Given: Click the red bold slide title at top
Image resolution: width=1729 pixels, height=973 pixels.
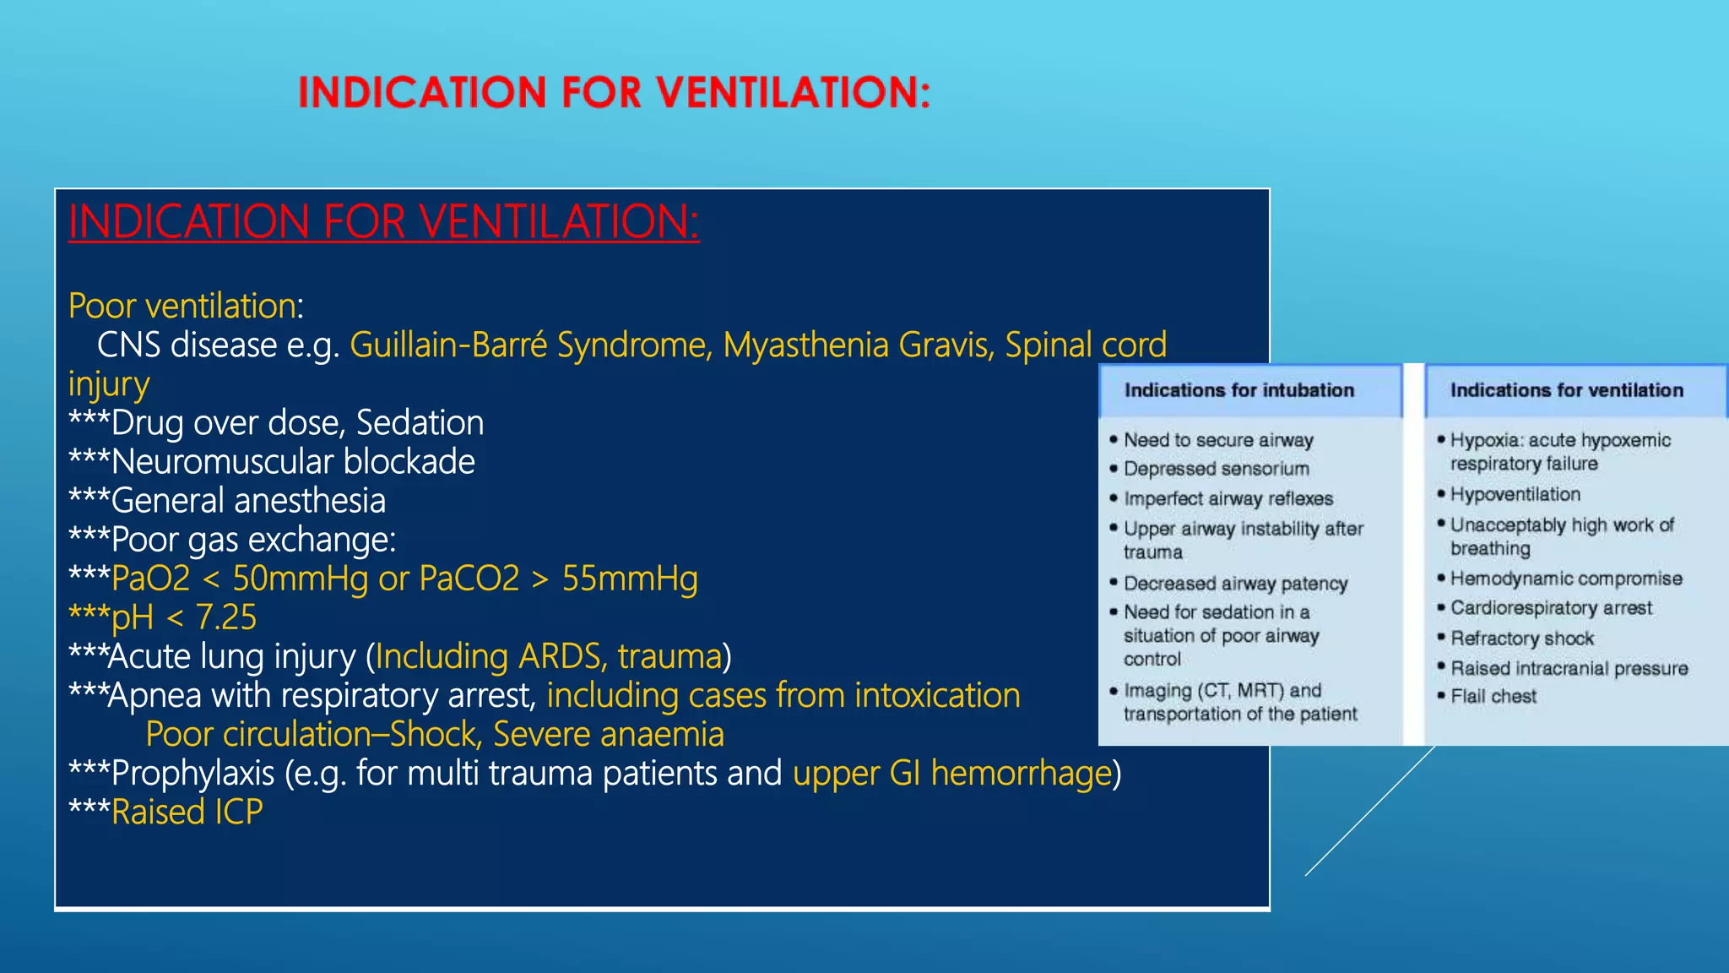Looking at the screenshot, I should [614, 92].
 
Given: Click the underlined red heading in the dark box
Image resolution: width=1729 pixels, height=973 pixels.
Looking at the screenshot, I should [383, 222].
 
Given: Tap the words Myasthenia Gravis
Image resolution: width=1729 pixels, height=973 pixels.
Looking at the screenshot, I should [857, 345].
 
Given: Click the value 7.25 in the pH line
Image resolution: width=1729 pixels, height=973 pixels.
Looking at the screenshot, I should [225, 618].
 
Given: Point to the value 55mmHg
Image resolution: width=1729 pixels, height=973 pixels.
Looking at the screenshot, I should [630, 579].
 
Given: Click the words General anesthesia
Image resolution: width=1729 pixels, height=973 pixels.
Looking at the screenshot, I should [248, 501].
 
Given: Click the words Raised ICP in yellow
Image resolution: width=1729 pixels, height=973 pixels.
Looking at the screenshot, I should [187, 813].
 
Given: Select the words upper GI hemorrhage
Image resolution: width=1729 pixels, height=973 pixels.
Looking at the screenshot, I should [952, 774].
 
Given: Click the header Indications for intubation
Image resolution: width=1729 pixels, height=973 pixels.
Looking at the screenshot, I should [1238, 390].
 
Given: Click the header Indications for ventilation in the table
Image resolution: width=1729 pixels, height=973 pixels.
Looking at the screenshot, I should [1566, 390].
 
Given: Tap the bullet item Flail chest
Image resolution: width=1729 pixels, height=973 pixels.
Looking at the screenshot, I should [1493, 697].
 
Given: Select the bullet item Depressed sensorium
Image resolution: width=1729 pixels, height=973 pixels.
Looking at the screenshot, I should [1216, 469].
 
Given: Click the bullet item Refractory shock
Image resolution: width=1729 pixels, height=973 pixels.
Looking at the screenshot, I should [1521, 639].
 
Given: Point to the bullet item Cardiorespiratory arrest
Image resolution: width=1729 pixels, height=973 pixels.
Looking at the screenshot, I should [1551, 608].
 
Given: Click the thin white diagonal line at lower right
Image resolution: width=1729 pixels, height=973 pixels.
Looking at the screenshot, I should [1369, 812].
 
